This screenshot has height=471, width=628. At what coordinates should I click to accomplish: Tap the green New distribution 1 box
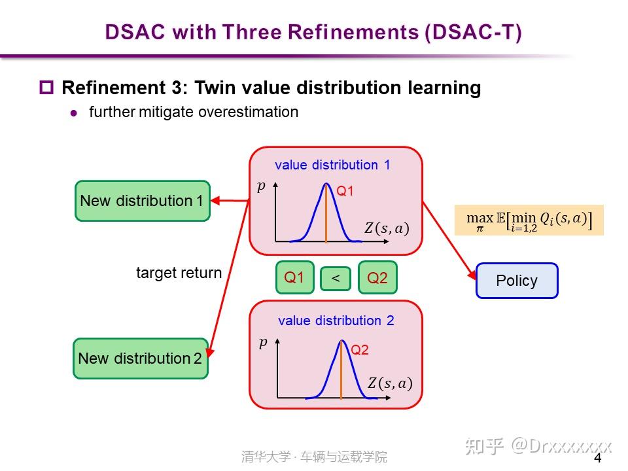[x=142, y=201]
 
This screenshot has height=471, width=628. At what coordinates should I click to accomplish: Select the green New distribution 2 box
[x=140, y=358]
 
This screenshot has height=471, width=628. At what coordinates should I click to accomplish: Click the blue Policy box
[x=516, y=281]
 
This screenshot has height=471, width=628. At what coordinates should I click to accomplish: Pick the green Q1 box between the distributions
[x=294, y=277]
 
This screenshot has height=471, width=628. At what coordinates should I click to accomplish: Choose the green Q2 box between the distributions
[x=377, y=277]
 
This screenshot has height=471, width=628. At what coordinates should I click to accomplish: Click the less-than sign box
[x=336, y=279]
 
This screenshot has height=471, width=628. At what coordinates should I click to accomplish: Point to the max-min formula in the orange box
[x=529, y=220]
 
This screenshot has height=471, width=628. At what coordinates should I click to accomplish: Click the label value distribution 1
[x=332, y=165]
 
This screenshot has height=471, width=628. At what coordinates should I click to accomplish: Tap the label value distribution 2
[x=336, y=321]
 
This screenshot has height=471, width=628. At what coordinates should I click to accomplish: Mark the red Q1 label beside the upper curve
[x=345, y=191]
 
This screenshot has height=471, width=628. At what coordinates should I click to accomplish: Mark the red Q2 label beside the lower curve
[x=360, y=350]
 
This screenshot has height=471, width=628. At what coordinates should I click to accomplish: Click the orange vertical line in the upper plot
[x=326, y=216]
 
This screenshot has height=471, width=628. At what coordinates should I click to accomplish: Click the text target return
[x=179, y=273]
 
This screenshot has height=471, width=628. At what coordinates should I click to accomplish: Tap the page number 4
[x=597, y=458]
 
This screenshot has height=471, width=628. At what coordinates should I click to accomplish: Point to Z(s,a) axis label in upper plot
[x=386, y=228]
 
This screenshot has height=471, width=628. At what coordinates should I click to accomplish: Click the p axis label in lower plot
[x=263, y=342]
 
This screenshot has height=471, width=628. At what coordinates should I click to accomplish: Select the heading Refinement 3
[x=271, y=88]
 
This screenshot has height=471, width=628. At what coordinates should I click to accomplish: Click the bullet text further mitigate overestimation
[x=194, y=112]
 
